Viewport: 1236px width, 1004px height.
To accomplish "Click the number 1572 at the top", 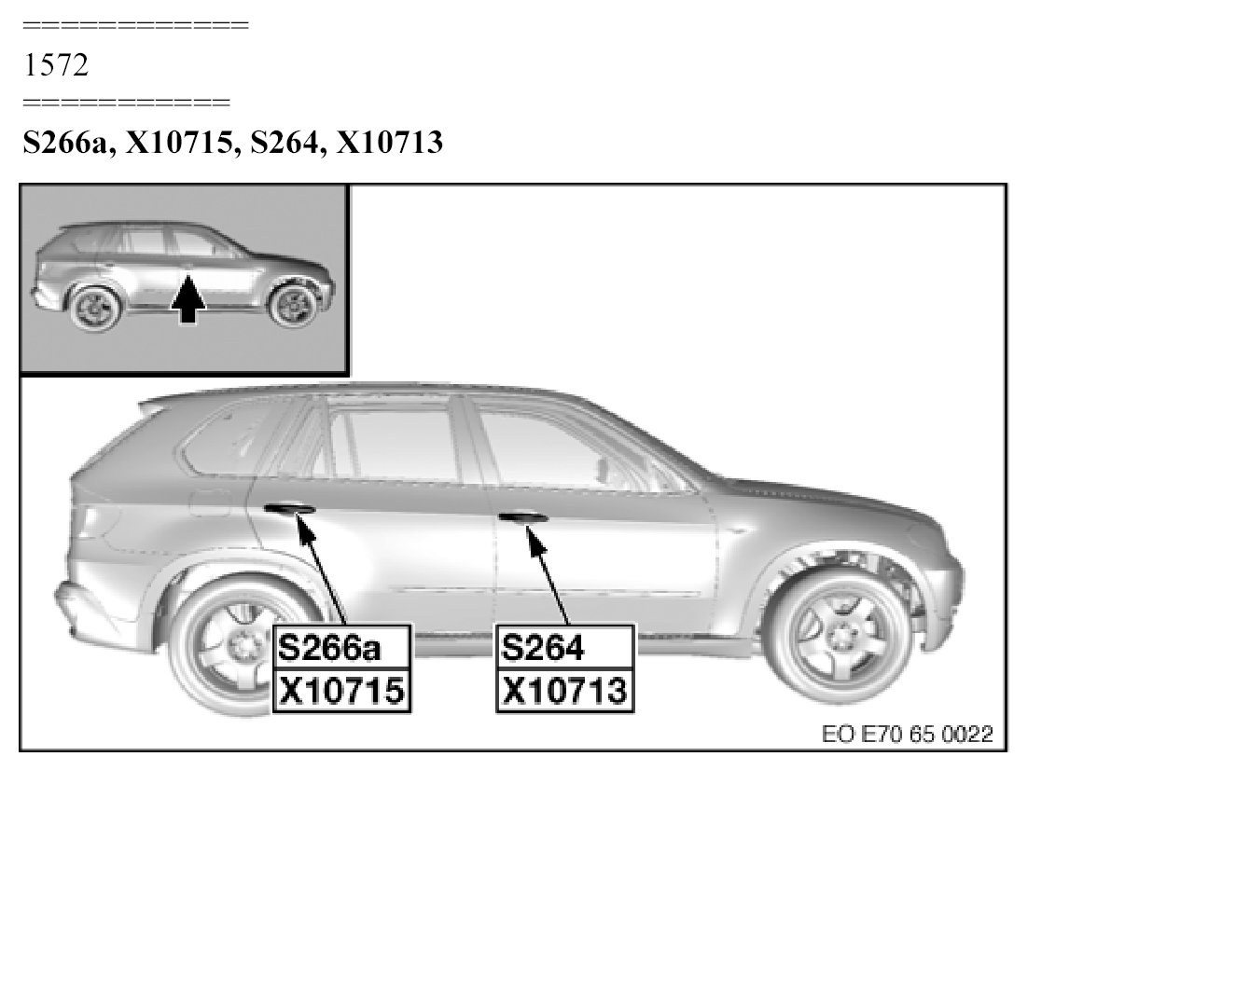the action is pyautogui.click(x=56, y=65).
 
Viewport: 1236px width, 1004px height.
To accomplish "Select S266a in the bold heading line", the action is pyautogui.click(x=68, y=143).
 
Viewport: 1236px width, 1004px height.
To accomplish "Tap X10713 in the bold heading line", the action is pyautogui.click(x=389, y=143).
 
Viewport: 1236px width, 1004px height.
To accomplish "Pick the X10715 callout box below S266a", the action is pyautogui.click(x=341, y=691).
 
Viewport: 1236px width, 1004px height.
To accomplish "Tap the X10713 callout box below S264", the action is pyautogui.click(x=564, y=691).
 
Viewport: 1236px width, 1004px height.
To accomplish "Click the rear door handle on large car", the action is pyautogui.click(x=289, y=508).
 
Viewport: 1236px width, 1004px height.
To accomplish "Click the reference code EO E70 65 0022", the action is pyautogui.click(x=907, y=735).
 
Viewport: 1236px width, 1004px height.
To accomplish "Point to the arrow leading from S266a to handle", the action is pyautogui.click(x=321, y=569).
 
